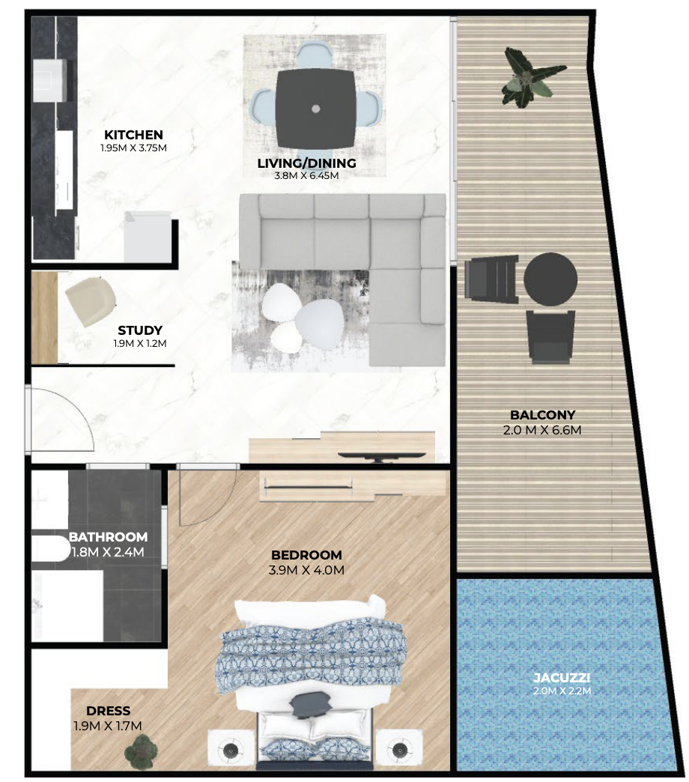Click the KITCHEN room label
[x=133, y=135]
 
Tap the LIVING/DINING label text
[x=306, y=163]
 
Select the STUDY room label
[x=140, y=330]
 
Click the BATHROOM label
[x=108, y=537]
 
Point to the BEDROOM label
[x=306, y=555]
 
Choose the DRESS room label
[x=108, y=711]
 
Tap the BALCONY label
[x=542, y=415]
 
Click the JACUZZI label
[x=562, y=678]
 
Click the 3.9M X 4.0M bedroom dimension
[x=306, y=570]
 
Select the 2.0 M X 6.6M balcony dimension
[x=542, y=430]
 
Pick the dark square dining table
[x=315, y=108]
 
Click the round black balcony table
[x=550, y=279]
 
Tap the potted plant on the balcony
[x=529, y=77]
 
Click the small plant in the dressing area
[x=141, y=750]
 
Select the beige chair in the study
[x=91, y=302]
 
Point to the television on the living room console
[x=382, y=456]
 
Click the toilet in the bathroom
[x=50, y=549]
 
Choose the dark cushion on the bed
[x=309, y=704]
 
